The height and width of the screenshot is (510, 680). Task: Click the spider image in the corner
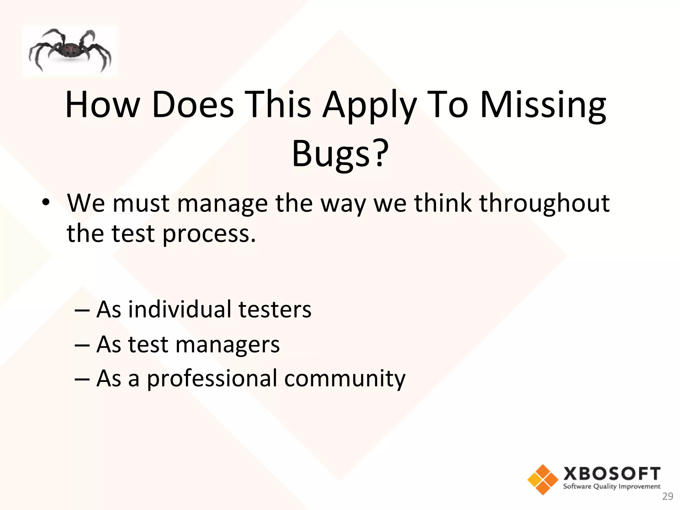coord(70,51)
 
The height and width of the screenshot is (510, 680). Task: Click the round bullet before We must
coord(46,202)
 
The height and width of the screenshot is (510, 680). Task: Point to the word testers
coord(275,309)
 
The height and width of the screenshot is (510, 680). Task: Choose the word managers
coord(227,345)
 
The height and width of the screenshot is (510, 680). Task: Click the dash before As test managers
coord(82,345)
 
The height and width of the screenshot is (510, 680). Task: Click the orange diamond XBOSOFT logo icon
coord(543,479)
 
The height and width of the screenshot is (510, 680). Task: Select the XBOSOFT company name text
coord(612,474)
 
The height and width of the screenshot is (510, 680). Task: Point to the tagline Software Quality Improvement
coord(612,486)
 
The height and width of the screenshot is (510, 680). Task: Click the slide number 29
coord(667,497)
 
